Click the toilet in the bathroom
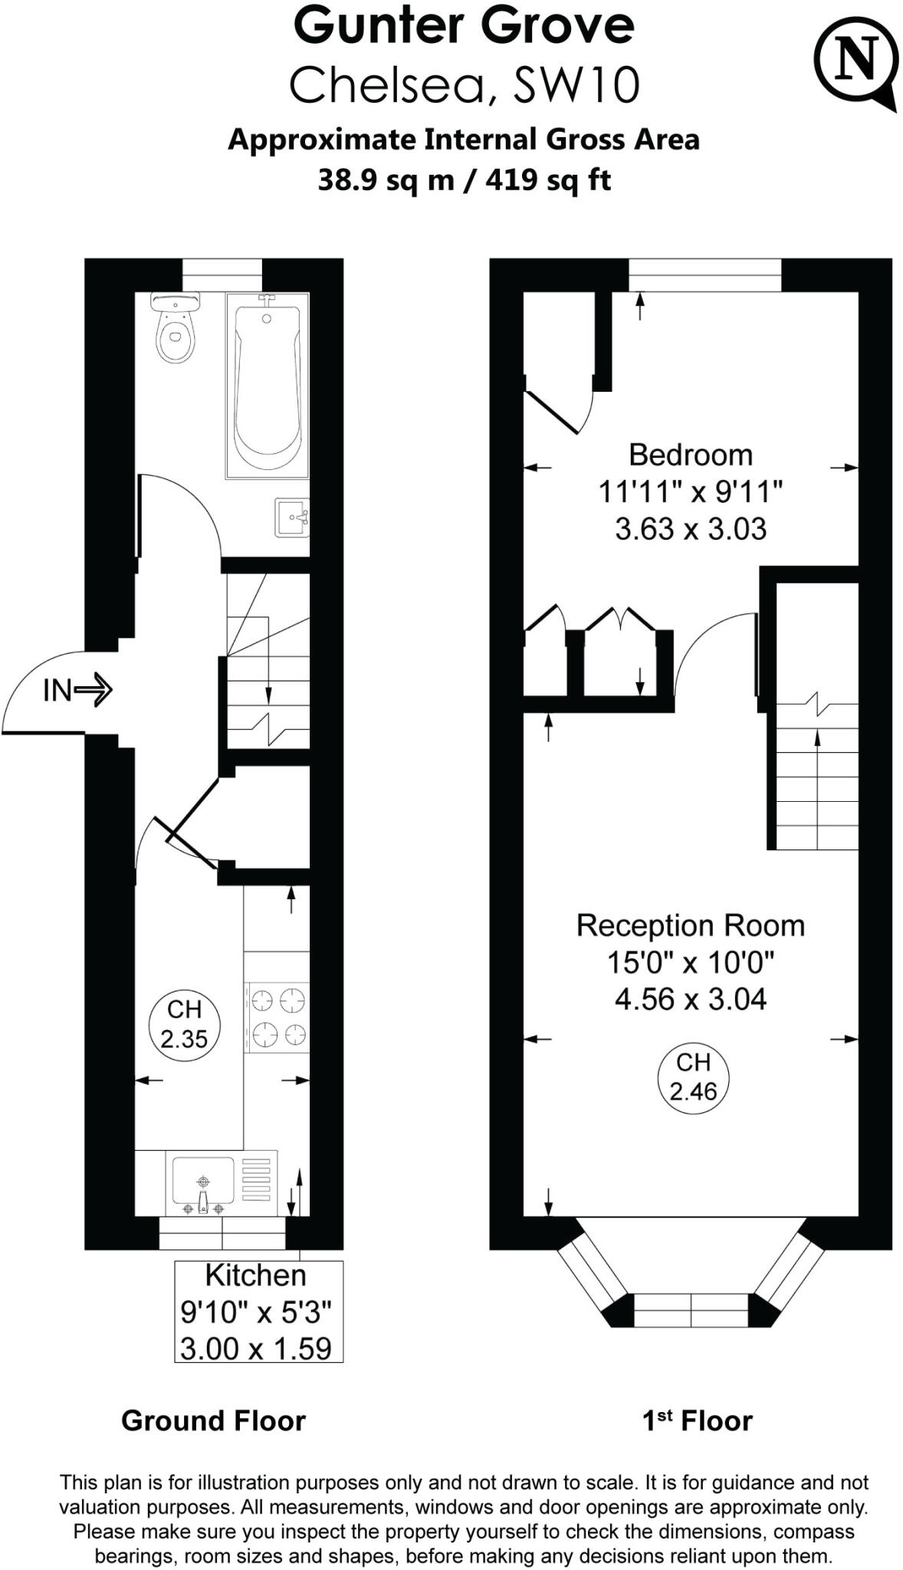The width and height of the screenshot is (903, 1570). [176, 330]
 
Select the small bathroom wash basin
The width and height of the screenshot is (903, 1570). [291, 518]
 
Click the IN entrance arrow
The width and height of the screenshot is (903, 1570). [77, 690]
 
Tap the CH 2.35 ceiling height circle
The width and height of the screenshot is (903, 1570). [184, 1025]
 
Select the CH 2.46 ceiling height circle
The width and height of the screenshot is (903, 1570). [693, 1077]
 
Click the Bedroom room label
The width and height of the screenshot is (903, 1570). [690, 455]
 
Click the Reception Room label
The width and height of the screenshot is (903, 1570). [690, 926]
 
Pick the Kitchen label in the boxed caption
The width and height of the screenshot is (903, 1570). [255, 1276]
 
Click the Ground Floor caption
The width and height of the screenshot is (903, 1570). [213, 1421]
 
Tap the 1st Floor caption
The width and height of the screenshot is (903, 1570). [697, 1421]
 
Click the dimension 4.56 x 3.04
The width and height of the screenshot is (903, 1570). [690, 1000]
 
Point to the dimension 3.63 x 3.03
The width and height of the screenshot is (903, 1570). [690, 530]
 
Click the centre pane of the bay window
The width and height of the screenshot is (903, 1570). [691, 1310]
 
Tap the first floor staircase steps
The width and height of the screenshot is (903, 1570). [817, 790]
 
